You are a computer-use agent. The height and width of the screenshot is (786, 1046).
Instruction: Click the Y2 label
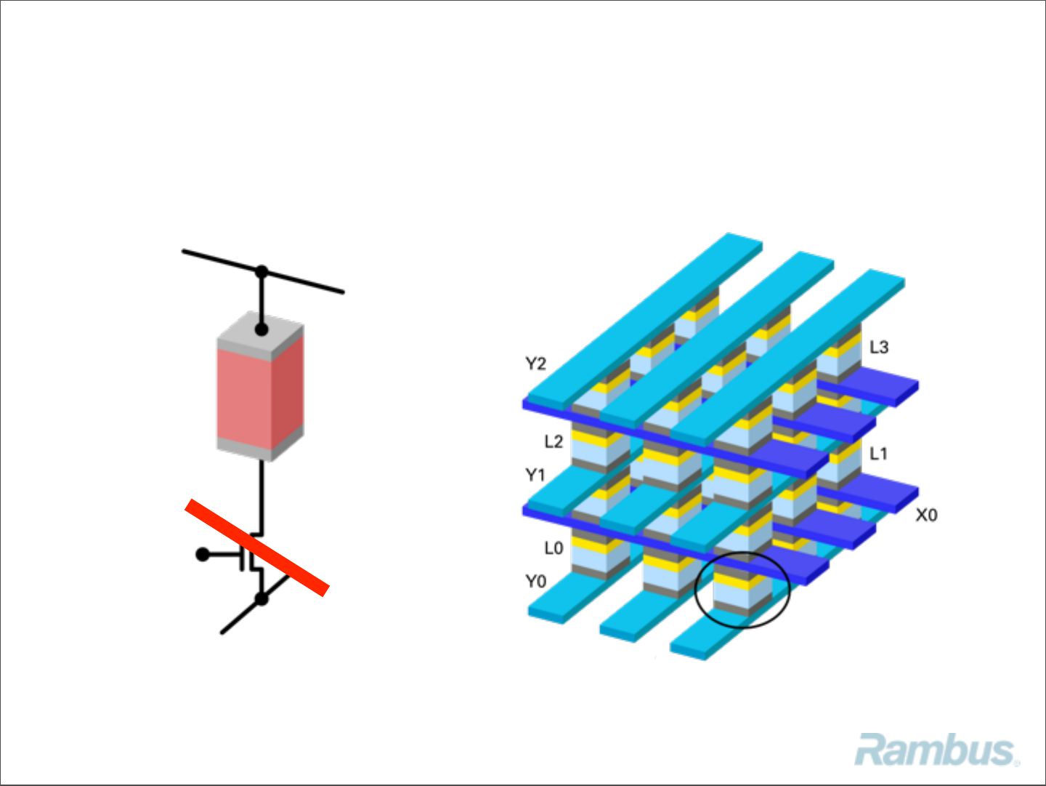[535, 364]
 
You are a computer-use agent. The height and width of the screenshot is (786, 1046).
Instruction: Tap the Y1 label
[535, 476]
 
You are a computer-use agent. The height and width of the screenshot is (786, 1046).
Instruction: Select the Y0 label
[535, 582]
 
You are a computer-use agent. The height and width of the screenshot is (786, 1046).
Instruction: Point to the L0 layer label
[554, 548]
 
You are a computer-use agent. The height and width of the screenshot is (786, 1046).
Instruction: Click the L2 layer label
[554, 442]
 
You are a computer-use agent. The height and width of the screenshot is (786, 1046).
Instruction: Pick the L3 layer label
[879, 348]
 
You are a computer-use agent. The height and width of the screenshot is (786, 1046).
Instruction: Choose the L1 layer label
[879, 454]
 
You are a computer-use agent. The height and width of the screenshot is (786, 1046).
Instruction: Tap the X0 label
[926, 516]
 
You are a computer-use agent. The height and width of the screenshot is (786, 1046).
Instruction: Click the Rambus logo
[936, 750]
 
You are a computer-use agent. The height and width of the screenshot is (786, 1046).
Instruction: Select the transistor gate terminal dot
[203, 555]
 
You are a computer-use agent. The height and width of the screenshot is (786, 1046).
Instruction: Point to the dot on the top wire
[261, 272]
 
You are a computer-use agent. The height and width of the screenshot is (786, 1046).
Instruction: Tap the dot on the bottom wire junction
[261, 599]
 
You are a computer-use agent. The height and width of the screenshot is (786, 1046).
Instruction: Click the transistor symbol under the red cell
[251, 556]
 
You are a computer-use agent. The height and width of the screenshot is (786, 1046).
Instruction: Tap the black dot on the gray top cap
[261, 329]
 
